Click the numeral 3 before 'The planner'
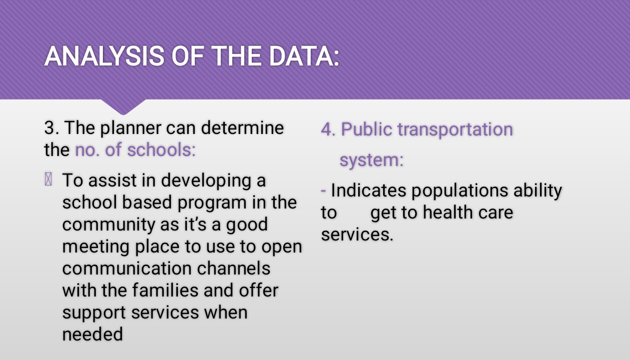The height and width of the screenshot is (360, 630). click(x=49, y=128)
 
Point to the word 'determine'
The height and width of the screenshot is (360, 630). click(x=242, y=128)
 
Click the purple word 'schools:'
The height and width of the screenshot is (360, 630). click(x=161, y=149)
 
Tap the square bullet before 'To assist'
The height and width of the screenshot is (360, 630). click(x=48, y=179)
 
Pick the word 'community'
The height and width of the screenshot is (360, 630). click(x=108, y=225)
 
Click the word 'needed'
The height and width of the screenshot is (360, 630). click(x=92, y=334)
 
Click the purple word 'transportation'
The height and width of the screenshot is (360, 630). click(x=455, y=130)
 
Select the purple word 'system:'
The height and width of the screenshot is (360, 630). click(x=372, y=160)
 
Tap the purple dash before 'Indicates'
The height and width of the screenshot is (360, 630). click(x=323, y=191)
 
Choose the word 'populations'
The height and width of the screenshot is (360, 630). click(x=460, y=191)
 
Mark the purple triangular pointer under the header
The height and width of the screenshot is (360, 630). click(x=123, y=106)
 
